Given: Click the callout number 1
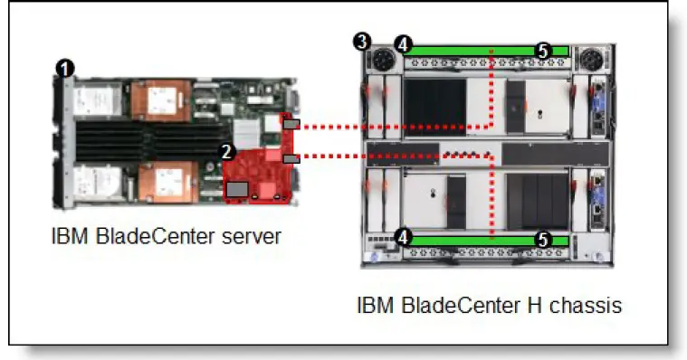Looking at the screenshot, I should click(66, 67).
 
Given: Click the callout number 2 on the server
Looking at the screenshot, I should click(228, 151).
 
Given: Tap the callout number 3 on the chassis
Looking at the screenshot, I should click(362, 42).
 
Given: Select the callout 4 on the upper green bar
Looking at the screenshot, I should click(404, 43).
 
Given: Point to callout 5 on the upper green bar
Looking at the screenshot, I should click(542, 52).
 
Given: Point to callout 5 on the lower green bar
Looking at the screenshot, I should click(542, 240).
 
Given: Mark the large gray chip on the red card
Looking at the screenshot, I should click(237, 188).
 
